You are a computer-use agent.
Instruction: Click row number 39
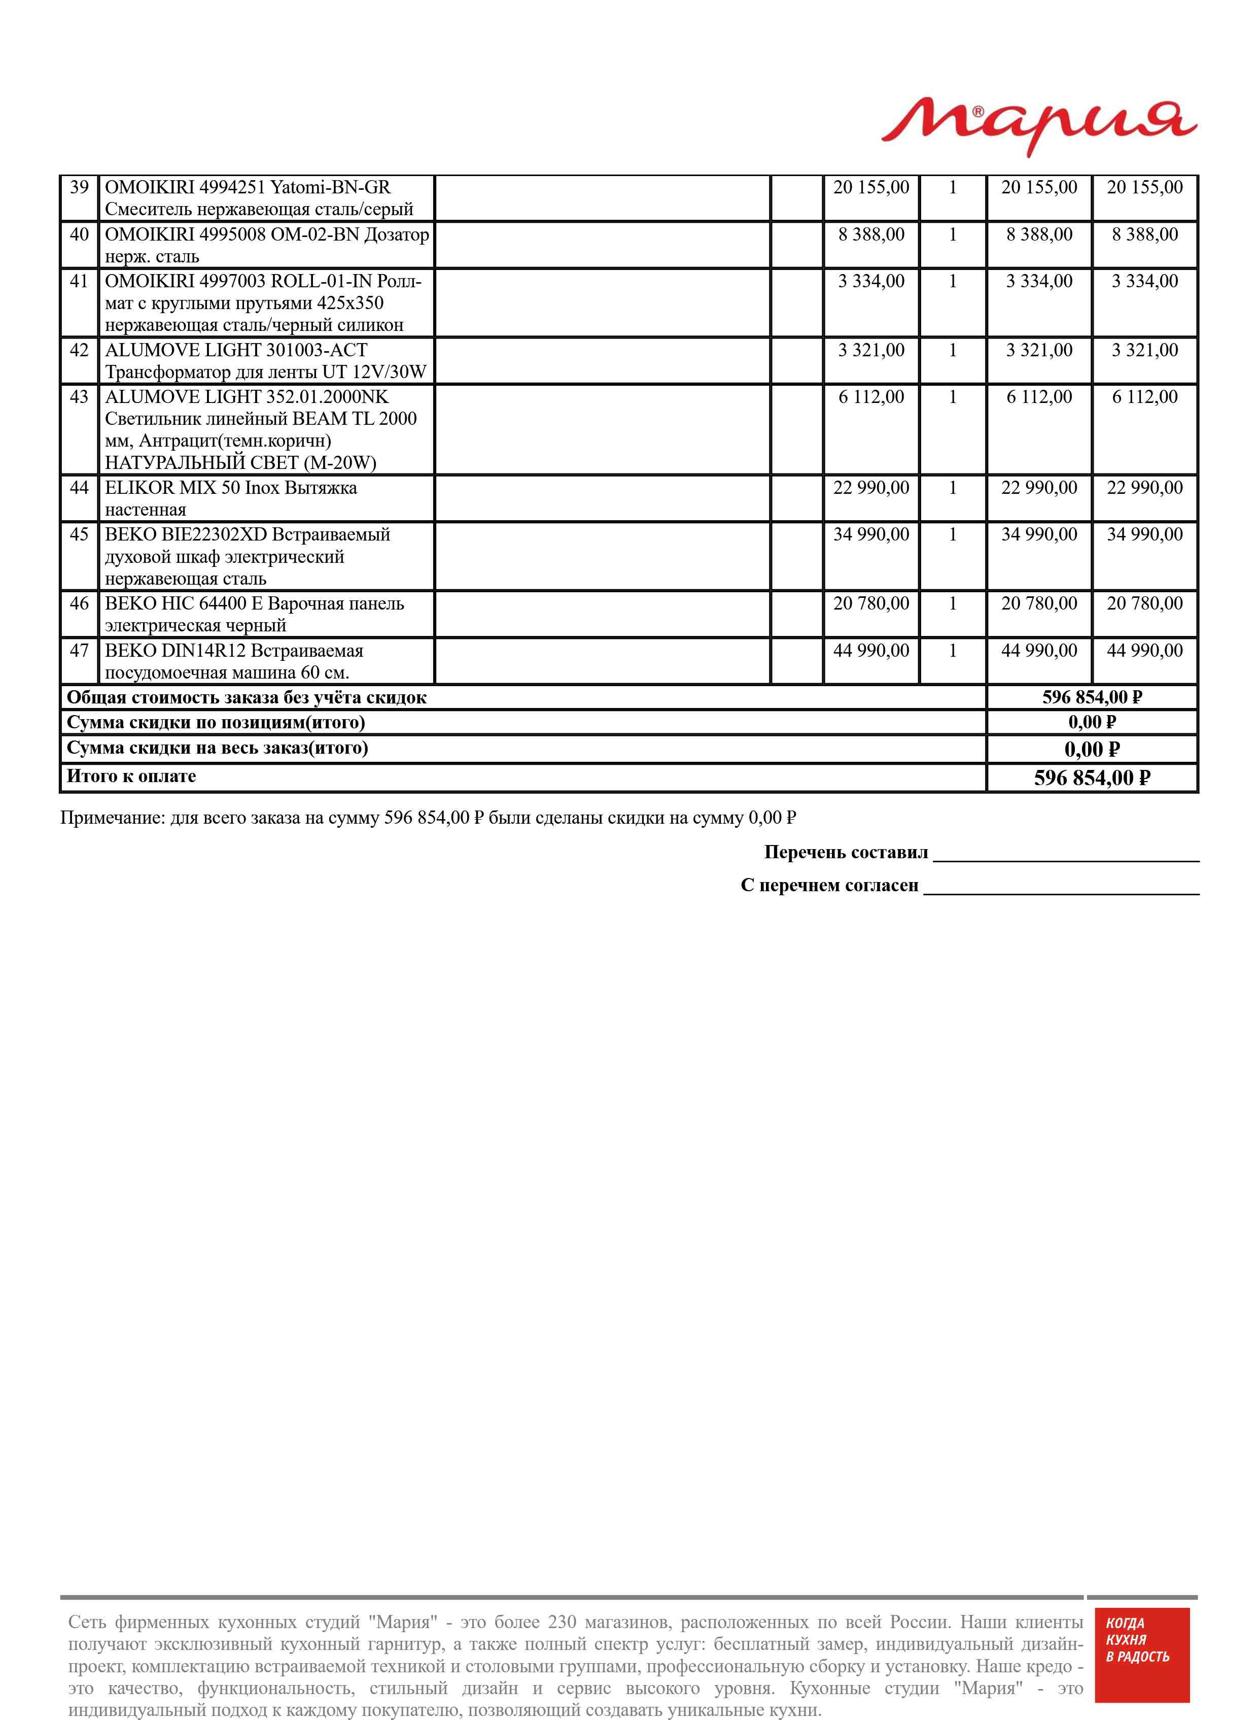point(79,187)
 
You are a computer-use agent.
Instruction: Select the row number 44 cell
point(79,488)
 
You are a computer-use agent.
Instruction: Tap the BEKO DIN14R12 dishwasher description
point(234,661)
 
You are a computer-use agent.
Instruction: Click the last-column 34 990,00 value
point(1144,535)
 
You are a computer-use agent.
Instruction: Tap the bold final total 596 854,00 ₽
point(1091,778)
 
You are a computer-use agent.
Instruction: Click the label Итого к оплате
point(132,776)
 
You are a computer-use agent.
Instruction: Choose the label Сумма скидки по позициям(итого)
point(216,722)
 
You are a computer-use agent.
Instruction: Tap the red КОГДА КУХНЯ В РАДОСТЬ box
point(1141,1664)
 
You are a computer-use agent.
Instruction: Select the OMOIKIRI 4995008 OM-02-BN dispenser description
point(266,245)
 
